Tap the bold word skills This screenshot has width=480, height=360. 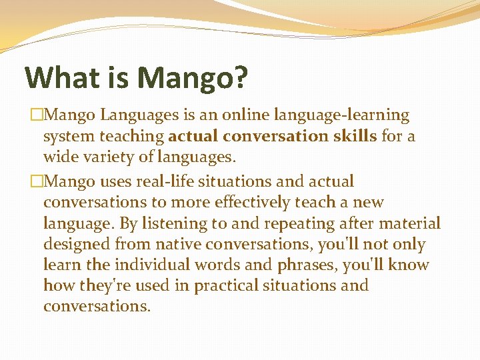pyautogui.click(x=354, y=136)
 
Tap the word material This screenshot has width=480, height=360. pyautogui.click(x=411, y=223)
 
